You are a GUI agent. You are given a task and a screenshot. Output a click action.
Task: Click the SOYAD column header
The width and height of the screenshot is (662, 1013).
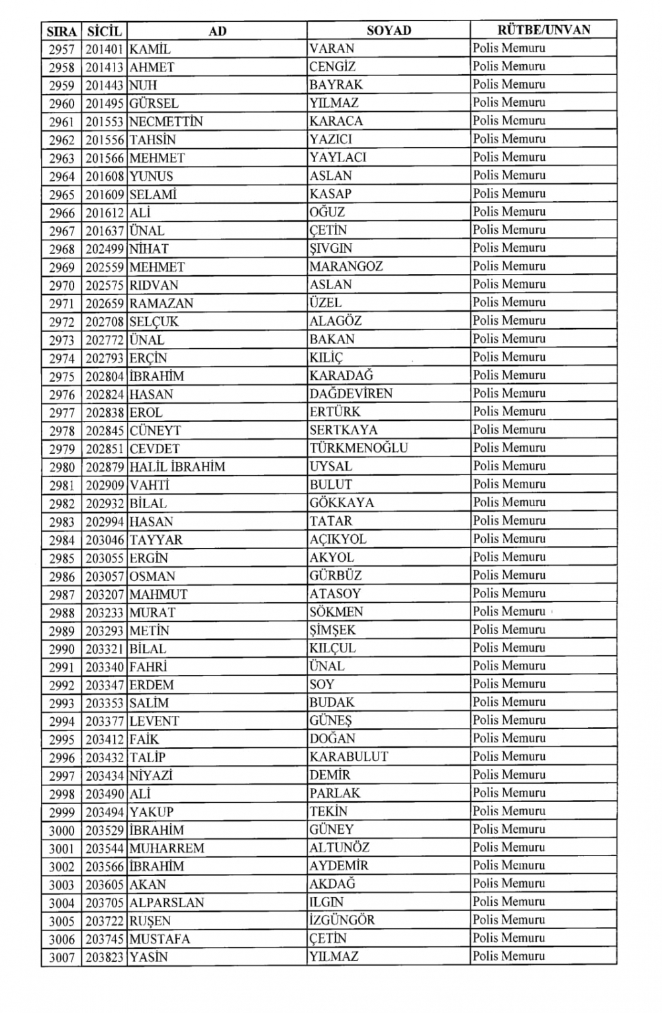[x=389, y=30]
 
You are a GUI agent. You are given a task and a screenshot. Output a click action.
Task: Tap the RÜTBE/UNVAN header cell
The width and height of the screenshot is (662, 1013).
[x=544, y=30]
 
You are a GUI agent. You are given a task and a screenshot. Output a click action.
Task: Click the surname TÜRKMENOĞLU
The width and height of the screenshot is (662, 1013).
[x=358, y=448]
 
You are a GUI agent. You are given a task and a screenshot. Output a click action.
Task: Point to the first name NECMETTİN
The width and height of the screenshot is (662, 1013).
[x=166, y=122]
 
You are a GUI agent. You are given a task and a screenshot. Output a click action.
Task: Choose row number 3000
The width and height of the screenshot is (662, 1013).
[x=62, y=830]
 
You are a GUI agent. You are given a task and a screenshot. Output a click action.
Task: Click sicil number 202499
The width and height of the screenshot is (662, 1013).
[x=104, y=249]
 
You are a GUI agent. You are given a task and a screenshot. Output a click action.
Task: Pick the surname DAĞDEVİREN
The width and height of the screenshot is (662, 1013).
[x=351, y=394]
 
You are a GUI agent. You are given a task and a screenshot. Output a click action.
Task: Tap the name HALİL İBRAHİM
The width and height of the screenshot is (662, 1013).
[x=177, y=466]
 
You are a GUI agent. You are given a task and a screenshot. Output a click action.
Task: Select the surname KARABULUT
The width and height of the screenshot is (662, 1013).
[x=349, y=757]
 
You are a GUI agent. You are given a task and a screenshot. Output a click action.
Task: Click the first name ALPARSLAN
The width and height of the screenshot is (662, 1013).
[x=167, y=903]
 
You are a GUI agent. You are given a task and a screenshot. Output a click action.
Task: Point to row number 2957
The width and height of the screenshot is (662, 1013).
[x=62, y=49]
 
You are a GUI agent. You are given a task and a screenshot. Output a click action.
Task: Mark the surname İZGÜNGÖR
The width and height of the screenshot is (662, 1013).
[x=342, y=920]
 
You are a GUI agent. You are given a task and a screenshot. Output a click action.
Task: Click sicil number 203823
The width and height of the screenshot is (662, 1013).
[x=104, y=957]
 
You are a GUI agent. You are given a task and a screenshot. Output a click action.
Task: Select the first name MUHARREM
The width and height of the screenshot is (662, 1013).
[x=167, y=848]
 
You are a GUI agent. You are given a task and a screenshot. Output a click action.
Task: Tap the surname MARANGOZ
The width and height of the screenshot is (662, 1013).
[x=346, y=267]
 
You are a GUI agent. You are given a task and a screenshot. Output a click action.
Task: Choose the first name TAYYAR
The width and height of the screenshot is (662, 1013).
[x=156, y=540]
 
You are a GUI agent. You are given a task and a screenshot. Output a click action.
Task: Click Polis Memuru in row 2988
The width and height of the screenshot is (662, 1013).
[x=509, y=611]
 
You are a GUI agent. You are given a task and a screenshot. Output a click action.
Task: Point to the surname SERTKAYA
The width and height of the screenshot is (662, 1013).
[x=344, y=430]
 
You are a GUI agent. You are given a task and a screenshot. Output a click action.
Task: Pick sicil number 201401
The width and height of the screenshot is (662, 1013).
[x=104, y=49]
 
